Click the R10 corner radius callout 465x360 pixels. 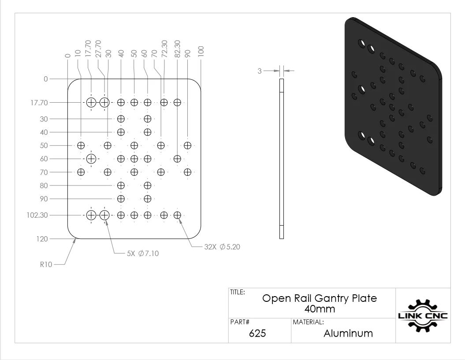46,264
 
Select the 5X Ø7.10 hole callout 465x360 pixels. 143,253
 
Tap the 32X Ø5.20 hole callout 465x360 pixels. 222,247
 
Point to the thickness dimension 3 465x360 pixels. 260,71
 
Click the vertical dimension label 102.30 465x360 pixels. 37,215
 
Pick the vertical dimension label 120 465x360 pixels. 42,239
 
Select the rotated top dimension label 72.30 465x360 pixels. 164,49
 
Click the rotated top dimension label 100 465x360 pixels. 201,52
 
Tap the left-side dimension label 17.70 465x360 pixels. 39,103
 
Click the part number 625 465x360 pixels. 257,333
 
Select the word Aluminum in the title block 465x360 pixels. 348,333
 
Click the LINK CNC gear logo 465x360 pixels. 423,315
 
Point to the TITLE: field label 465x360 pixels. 238,292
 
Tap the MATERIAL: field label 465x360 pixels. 309,322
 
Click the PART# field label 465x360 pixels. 240,322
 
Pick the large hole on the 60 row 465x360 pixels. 91,159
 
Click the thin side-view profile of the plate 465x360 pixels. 282,159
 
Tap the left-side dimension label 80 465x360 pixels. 44,186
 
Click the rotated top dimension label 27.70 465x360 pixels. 98,49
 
